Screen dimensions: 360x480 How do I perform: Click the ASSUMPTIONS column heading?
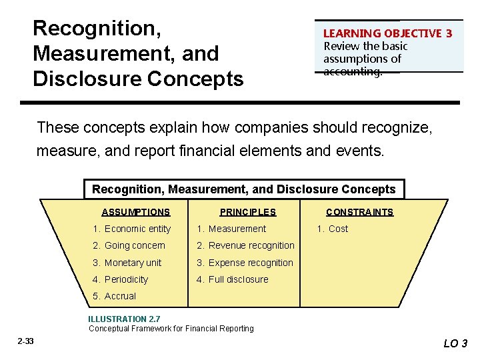click(135, 212)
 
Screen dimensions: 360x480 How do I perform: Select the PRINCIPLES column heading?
click(247, 212)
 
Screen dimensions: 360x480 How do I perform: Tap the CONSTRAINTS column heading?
click(359, 212)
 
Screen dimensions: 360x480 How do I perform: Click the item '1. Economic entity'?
click(132, 229)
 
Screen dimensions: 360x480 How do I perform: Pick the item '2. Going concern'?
click(129, 245)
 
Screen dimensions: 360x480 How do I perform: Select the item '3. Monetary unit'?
click(127, 263)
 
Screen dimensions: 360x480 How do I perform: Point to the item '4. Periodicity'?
click(121, 279)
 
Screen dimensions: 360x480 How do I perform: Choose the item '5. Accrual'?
click(115, 296)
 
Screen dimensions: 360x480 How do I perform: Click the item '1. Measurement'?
click(231, 229)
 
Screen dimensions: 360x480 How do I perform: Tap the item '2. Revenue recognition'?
click(245, 245)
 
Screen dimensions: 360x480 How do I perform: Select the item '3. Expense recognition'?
click(245, 263)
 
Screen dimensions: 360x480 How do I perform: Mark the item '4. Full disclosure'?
click(233, 279)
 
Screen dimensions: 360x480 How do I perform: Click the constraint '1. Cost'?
click(332, 229)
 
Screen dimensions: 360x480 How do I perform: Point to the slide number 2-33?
click(25, 341)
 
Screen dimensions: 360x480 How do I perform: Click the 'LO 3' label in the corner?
click(455, 344)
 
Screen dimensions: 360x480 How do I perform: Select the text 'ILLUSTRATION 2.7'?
click(124, 319)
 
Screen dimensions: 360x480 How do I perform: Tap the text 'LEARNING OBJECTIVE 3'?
click(387, 33)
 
